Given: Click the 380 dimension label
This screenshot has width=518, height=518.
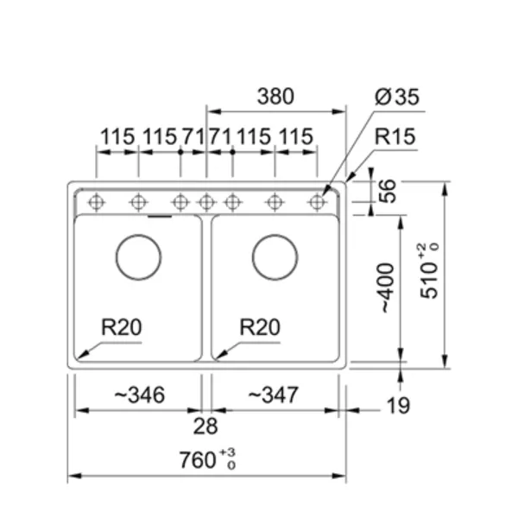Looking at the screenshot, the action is point(275,97).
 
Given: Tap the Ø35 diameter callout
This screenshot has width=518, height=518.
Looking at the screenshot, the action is point(397,97).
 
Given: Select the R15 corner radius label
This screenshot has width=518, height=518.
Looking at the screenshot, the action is point(395,136).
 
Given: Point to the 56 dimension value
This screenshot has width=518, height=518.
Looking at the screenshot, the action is point(387,191).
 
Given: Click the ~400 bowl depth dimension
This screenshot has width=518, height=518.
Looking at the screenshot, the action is point(387,287).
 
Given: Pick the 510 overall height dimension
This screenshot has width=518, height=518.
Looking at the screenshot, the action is point(429,271).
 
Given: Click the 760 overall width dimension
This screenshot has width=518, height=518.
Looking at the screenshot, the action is point(207,459).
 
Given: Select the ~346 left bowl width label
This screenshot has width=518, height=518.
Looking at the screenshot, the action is point(139,395).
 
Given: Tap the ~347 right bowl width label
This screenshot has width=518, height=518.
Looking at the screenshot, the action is point(273,395).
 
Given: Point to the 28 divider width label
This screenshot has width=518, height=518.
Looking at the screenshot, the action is point(205,426).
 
